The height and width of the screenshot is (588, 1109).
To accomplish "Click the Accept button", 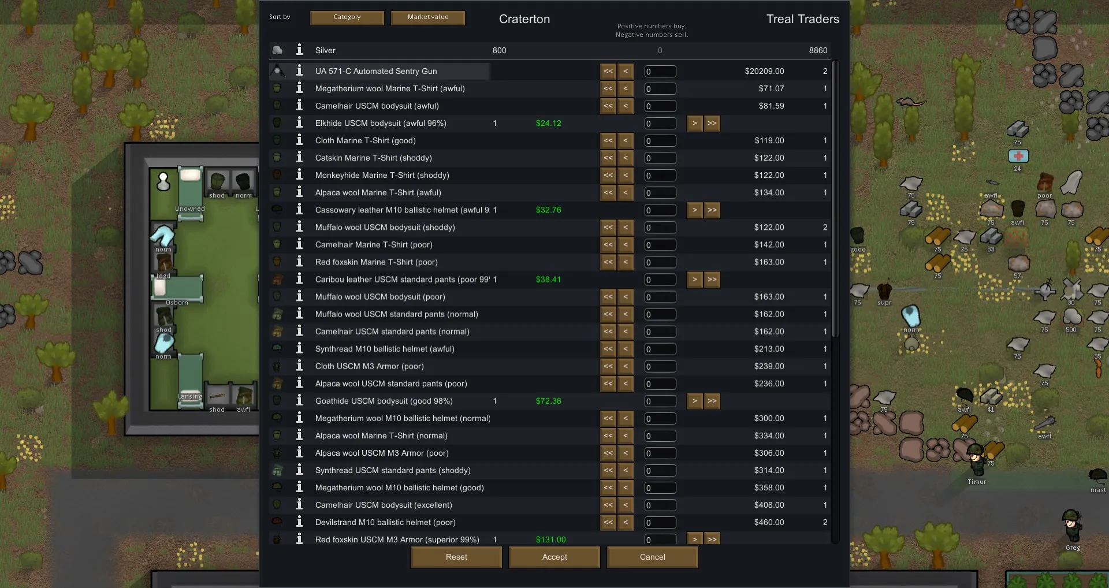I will [x=554, y=557].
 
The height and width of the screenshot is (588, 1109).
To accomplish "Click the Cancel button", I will [x=652, y=557].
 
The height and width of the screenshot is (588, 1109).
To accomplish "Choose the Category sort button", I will [x=347, y=17].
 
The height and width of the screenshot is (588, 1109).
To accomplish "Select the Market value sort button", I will [x=428, y=17].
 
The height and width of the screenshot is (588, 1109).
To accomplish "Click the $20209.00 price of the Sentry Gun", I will [x=764, y=71].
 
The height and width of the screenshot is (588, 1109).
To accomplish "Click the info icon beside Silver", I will [x=299, y=50].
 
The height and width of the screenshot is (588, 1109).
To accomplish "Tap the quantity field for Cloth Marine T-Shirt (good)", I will [x=660, y=141].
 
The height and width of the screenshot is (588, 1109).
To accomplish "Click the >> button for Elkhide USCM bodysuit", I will [x=712, y=123].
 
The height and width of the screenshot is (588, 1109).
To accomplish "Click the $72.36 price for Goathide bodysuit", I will [x=548, y=401].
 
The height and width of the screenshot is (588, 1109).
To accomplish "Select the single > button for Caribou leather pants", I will [x=695, y=280].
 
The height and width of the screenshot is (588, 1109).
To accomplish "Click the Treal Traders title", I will [x=802, y=19].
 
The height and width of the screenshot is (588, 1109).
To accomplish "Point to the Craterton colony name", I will [x=524, y=19].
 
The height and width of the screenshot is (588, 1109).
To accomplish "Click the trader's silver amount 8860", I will [x=818, y=50].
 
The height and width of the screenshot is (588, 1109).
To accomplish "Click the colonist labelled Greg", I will [x=1072, y=524].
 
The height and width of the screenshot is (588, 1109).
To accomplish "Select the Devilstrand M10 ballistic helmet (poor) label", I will [x=385, y=522].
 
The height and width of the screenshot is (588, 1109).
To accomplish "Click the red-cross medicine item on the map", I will [x=1018, y=156].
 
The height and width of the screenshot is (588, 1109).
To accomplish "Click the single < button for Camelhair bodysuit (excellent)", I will [x=626, y=505].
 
